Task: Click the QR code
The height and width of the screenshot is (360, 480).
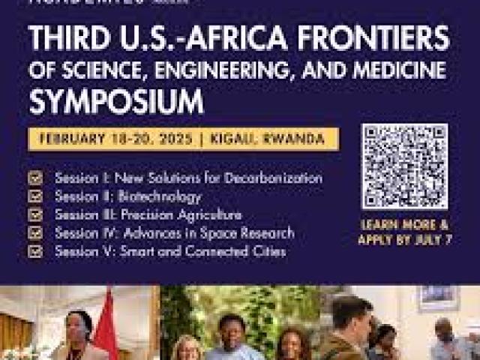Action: [404, 166]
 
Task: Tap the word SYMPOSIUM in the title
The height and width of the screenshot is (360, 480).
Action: [116, 100]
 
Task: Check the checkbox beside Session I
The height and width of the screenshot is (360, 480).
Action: [35, 178]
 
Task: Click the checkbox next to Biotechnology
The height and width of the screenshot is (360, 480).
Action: [35, 196]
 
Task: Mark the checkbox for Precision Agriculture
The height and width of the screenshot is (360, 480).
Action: [35, 214]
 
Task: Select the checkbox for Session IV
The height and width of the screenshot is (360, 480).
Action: [35, 233]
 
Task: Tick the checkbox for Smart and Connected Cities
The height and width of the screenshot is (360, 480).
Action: [35, 251]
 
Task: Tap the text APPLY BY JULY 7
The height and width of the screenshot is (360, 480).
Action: [405, 239]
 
